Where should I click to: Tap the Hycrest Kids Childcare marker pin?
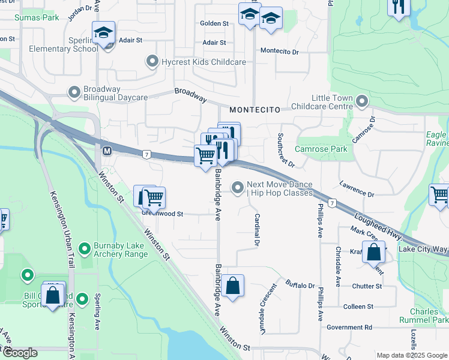[151, 62]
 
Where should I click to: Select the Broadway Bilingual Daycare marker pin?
[74, 92]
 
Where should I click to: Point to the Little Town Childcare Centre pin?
[361, 101]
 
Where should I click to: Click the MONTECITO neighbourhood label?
[255, 110]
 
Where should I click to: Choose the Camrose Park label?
[321, 148]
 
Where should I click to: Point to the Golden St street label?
[214, 23]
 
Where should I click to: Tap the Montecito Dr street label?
[279, 52]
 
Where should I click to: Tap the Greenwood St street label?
[161, 214]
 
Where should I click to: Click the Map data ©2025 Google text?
[411, 355]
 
